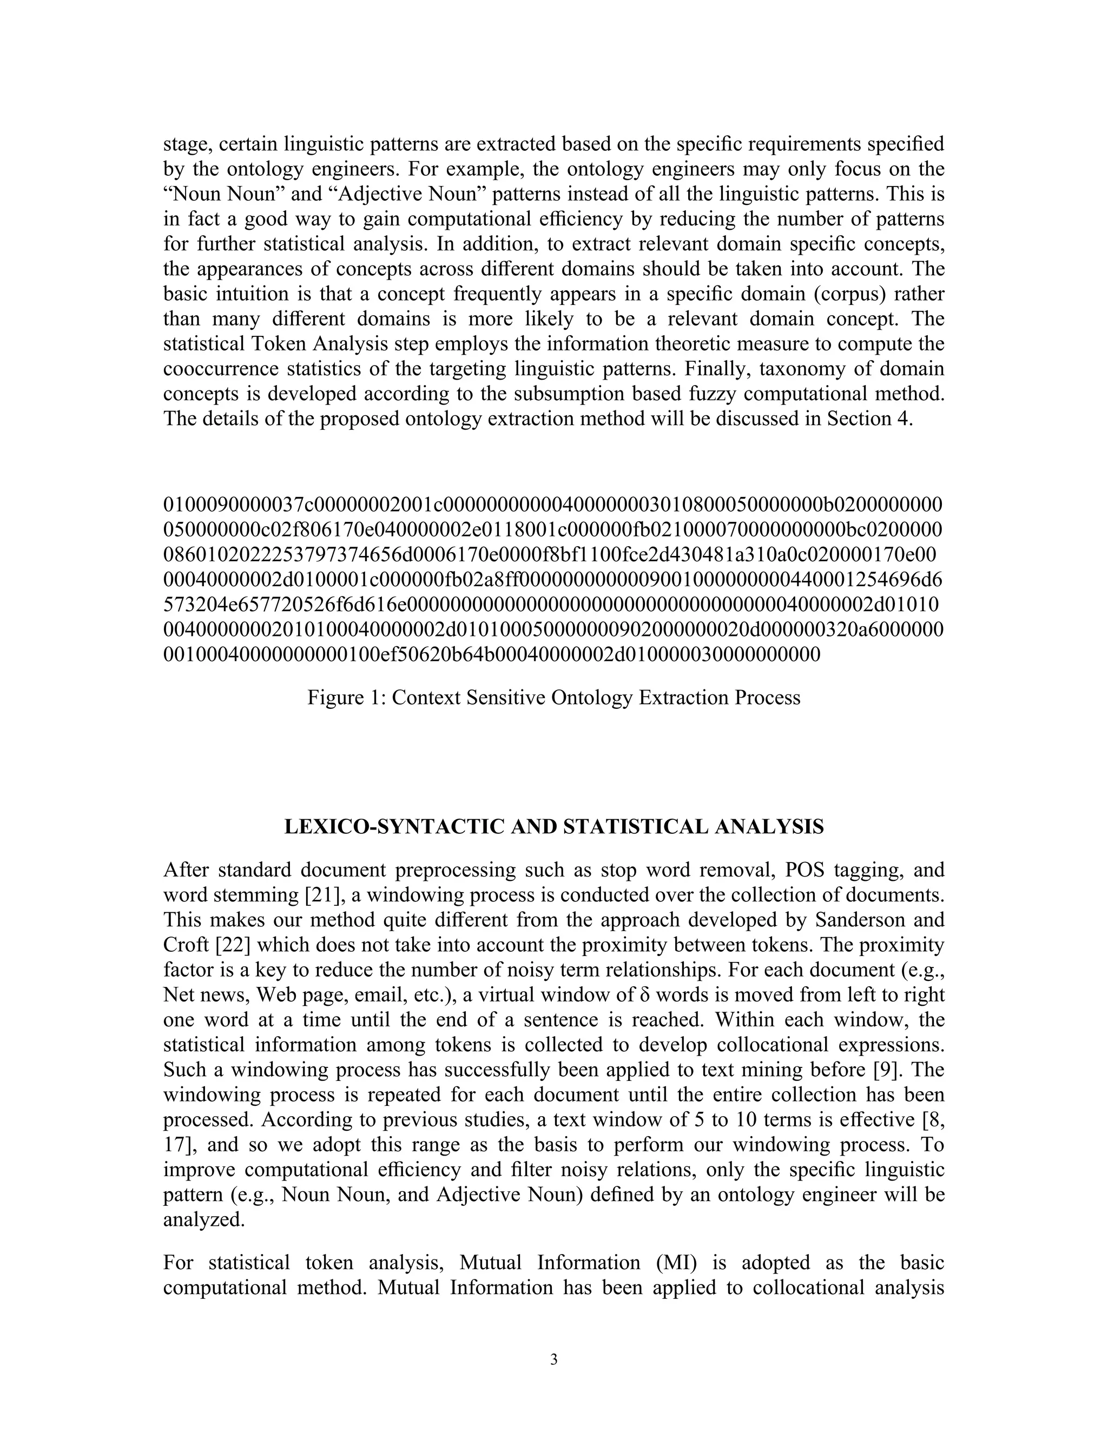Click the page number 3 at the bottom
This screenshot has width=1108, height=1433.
tap(553, 1359)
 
